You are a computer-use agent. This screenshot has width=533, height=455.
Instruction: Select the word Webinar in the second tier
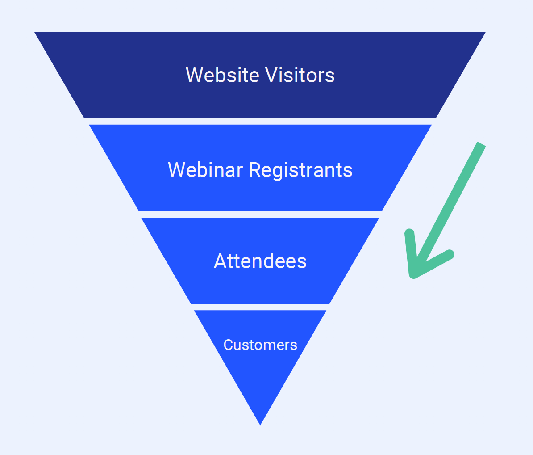205,170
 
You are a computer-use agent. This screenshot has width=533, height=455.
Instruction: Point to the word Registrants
300,170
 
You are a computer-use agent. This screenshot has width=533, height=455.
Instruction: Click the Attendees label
260,261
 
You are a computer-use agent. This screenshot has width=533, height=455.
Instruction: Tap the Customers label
260,345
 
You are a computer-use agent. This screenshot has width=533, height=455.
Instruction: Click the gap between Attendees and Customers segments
260,307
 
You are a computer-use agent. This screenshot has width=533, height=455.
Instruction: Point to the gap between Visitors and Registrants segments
260,122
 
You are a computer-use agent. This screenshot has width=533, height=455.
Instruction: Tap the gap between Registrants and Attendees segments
260,215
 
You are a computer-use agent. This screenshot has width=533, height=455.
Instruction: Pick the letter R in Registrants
254,170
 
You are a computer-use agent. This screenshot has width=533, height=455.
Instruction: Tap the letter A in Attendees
220,261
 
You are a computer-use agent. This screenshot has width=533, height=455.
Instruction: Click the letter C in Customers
228,345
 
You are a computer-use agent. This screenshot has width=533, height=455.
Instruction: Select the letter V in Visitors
271,75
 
